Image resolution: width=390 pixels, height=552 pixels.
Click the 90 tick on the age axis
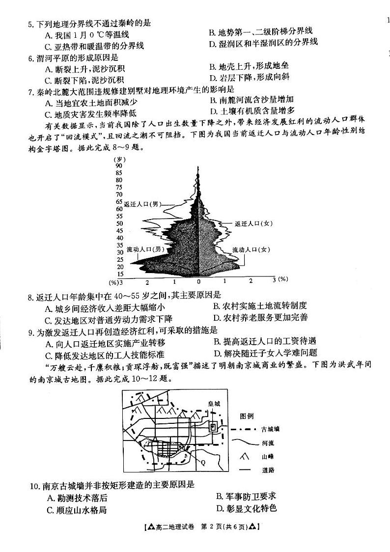point(119,166)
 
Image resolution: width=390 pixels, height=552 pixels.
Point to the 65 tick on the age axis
point(119,201)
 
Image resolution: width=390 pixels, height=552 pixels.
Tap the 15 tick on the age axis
point(119,274)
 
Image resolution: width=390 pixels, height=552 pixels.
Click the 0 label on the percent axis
point(198,282)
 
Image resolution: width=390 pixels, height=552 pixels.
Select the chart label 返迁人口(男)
point(143,204)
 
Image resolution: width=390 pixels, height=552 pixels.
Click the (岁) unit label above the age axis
point(118,159)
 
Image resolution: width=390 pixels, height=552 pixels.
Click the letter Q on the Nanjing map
point(202,462)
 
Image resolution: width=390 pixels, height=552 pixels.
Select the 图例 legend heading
point(247,416)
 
